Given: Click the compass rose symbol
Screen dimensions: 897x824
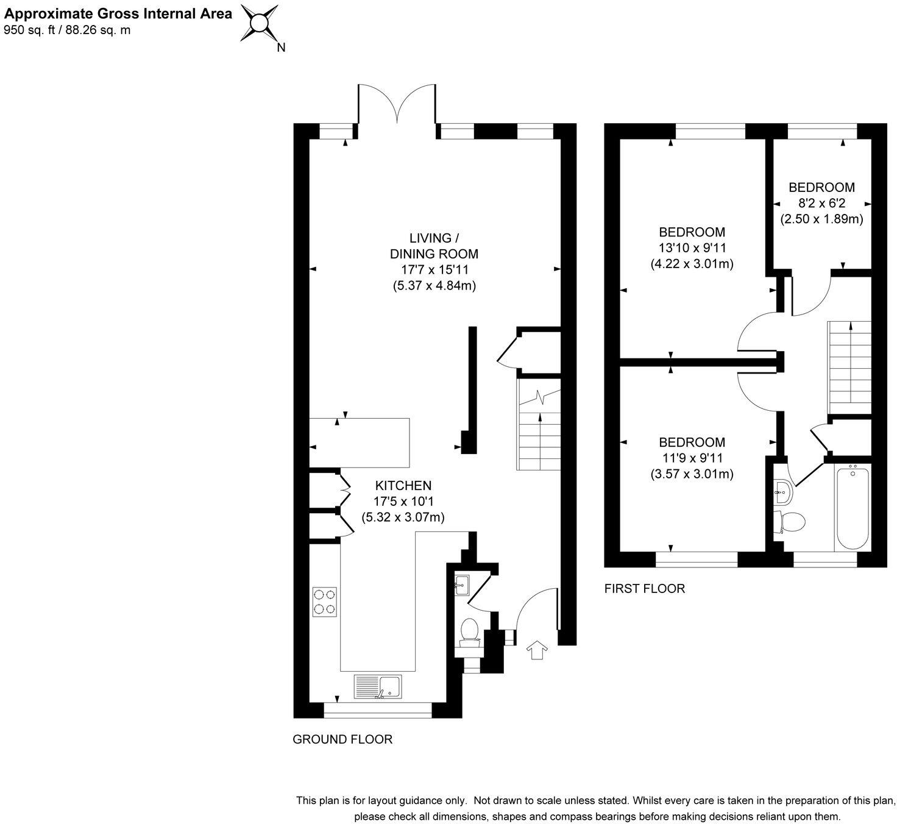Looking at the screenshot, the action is click(259, 23).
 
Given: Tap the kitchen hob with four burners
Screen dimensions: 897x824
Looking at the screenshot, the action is click(324, 602).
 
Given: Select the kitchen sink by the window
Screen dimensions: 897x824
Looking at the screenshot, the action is click(377, 687).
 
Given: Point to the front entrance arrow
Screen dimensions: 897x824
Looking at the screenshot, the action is click(537, 650).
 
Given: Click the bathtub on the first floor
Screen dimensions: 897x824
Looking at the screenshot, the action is click(853, 506).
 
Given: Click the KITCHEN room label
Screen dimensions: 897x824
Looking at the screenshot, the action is click(403, 485).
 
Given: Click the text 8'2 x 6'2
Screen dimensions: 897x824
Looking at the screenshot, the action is click(822, 203).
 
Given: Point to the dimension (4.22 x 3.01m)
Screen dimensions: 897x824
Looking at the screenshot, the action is click(692, 263).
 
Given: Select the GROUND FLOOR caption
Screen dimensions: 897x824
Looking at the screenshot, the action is click(342, 739).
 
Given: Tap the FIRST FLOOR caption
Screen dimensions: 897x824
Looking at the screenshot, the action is click(644, 588).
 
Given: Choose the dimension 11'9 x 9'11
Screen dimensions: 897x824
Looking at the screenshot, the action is click(692, 458).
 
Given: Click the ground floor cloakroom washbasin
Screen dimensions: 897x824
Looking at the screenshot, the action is click(461, 585).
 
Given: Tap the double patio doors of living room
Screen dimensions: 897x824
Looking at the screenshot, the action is click(397, 104).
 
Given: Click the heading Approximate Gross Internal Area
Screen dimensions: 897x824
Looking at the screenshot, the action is click(118, 14).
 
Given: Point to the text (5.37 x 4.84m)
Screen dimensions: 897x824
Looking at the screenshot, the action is click(434, 285).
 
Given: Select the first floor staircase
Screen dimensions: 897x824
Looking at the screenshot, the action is click(849, 368).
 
